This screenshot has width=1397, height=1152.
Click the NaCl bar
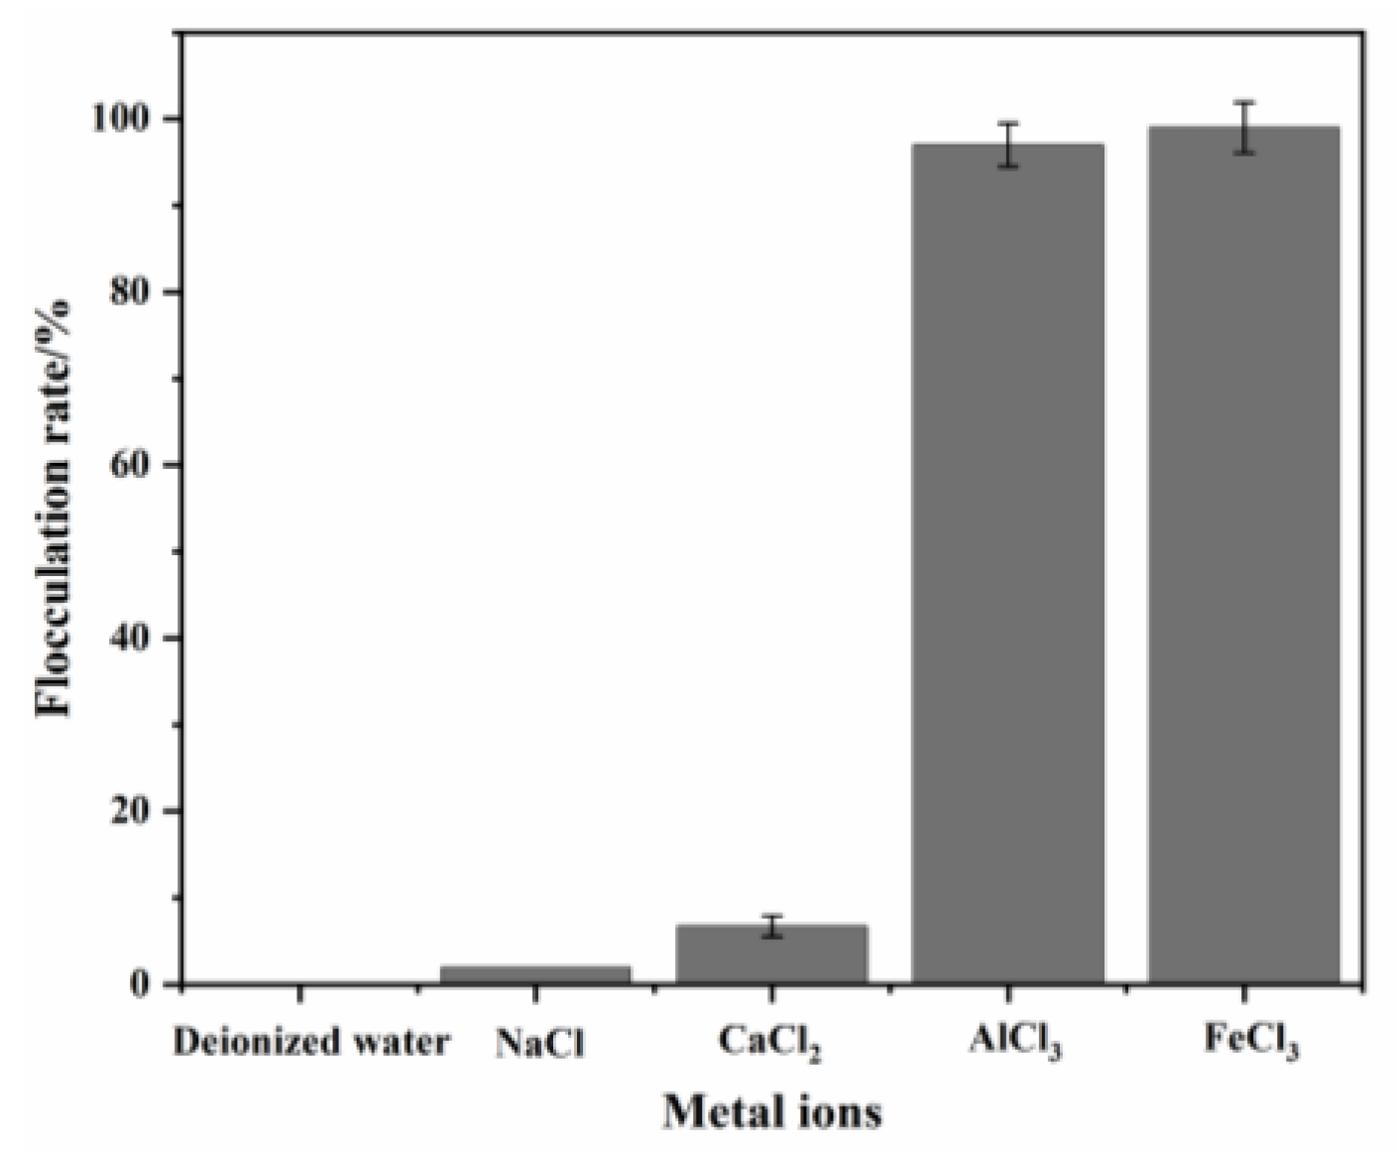pyautogui.click(x=535, y=975)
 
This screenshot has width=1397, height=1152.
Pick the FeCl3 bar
pyautogui.click(x=1243, y=555)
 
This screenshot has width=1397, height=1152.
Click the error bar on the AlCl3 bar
pyautogui.click(x=1007, y=145)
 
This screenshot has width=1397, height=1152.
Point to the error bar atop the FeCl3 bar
pyautogui.click(x=1243, y=127)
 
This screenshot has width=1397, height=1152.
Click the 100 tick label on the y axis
pyautogui.click(x=124, y=119)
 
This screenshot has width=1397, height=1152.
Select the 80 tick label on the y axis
pyautogui.click(x=136, y=291)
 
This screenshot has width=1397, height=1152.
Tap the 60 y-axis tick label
pyautogui.click(x=136, y=465)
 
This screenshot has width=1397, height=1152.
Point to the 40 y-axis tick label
pyautogui.click(x=136, y=638)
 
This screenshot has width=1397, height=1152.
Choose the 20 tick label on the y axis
pyautogui.click(x=136, y=811)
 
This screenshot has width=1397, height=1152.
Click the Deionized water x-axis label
pyautogui.click(x=310, y=1043)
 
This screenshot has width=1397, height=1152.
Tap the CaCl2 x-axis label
pyautogui.click(x=770, y=1044)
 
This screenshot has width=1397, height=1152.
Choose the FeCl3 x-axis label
pyautogui.click(x=1251, y=1044)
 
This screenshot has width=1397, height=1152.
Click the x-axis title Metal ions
pyautogui.click(x=771, y=1111)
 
